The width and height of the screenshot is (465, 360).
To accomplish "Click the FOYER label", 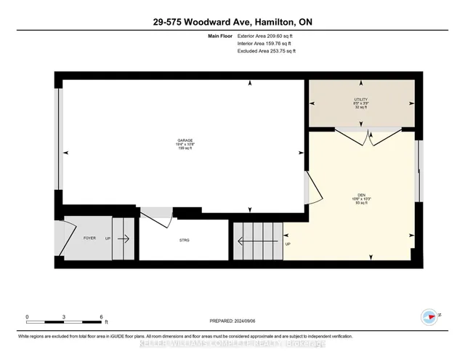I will pos(90,237).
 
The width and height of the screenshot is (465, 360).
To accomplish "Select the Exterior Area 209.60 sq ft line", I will pos(267,36).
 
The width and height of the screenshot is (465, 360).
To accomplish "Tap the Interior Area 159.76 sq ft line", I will pos(267,44).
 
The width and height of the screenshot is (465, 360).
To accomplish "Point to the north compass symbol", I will pos(429,316).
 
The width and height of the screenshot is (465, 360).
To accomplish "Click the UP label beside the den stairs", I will pos(288,244).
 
